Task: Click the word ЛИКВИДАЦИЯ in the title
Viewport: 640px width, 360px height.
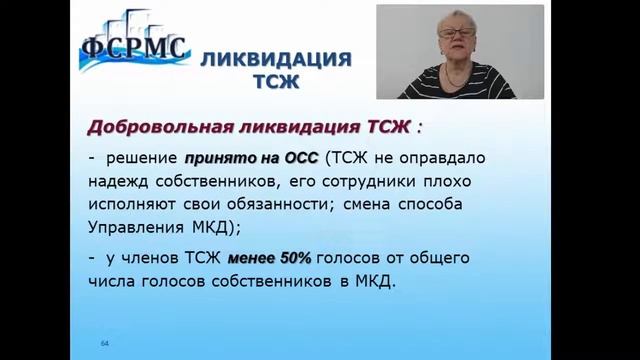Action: tap(276, 59)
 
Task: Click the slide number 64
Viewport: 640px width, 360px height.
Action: tap(104, 343)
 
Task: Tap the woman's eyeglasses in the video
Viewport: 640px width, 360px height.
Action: tap(455, 33)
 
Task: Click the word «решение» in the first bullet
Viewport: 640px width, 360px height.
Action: tap(142, 156)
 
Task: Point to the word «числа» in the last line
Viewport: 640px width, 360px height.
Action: tap(111, 281)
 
